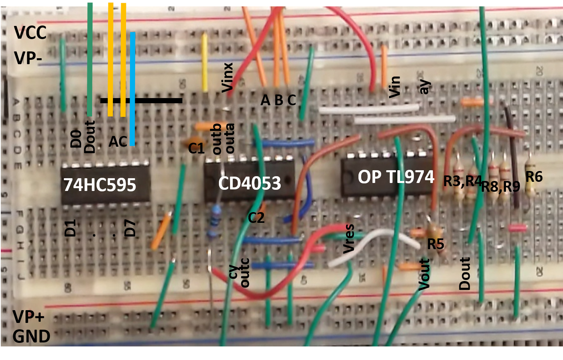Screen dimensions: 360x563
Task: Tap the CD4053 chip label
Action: (x=250, y=183)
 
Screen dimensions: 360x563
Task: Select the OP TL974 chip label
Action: (x=396, y=177)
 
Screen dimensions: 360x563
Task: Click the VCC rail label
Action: (x=30, y=33)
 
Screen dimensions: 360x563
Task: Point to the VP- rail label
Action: (x=28, y=58)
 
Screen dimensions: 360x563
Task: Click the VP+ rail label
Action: (x=28, y=317)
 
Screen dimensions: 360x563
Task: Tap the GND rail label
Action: (x=31, y=337)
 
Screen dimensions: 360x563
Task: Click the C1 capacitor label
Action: (x=196, y=148)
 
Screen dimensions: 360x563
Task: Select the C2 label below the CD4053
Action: (x=256, y=218)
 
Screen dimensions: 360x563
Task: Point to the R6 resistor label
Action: (x=534, y=177)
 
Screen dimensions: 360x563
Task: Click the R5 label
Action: (x=435, y=244)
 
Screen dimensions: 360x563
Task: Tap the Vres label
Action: (x=349, y=238)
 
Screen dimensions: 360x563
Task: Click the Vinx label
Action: (x=227, y=77)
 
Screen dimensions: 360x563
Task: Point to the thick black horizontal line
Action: (x=141, y=101)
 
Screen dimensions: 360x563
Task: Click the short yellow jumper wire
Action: (x=205, y=63)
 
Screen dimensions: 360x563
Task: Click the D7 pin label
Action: (x=130, y=228)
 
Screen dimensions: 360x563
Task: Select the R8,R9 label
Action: (x=500, y=186)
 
